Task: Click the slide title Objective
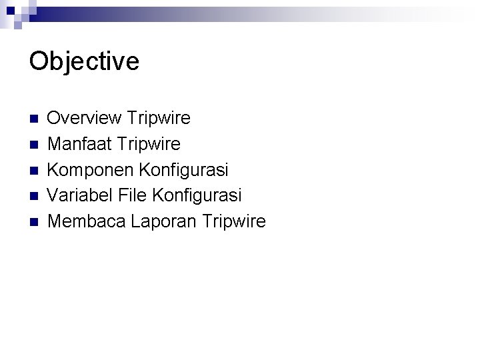point(84,61)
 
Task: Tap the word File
point(130,195)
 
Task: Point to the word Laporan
point(157,221)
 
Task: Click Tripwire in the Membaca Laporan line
point(233,221)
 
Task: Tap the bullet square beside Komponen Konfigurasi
point(33,171)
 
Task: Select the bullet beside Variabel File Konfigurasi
point(33,196)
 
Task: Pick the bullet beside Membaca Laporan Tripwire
point(33,221)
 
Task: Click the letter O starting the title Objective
point(39,61)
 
